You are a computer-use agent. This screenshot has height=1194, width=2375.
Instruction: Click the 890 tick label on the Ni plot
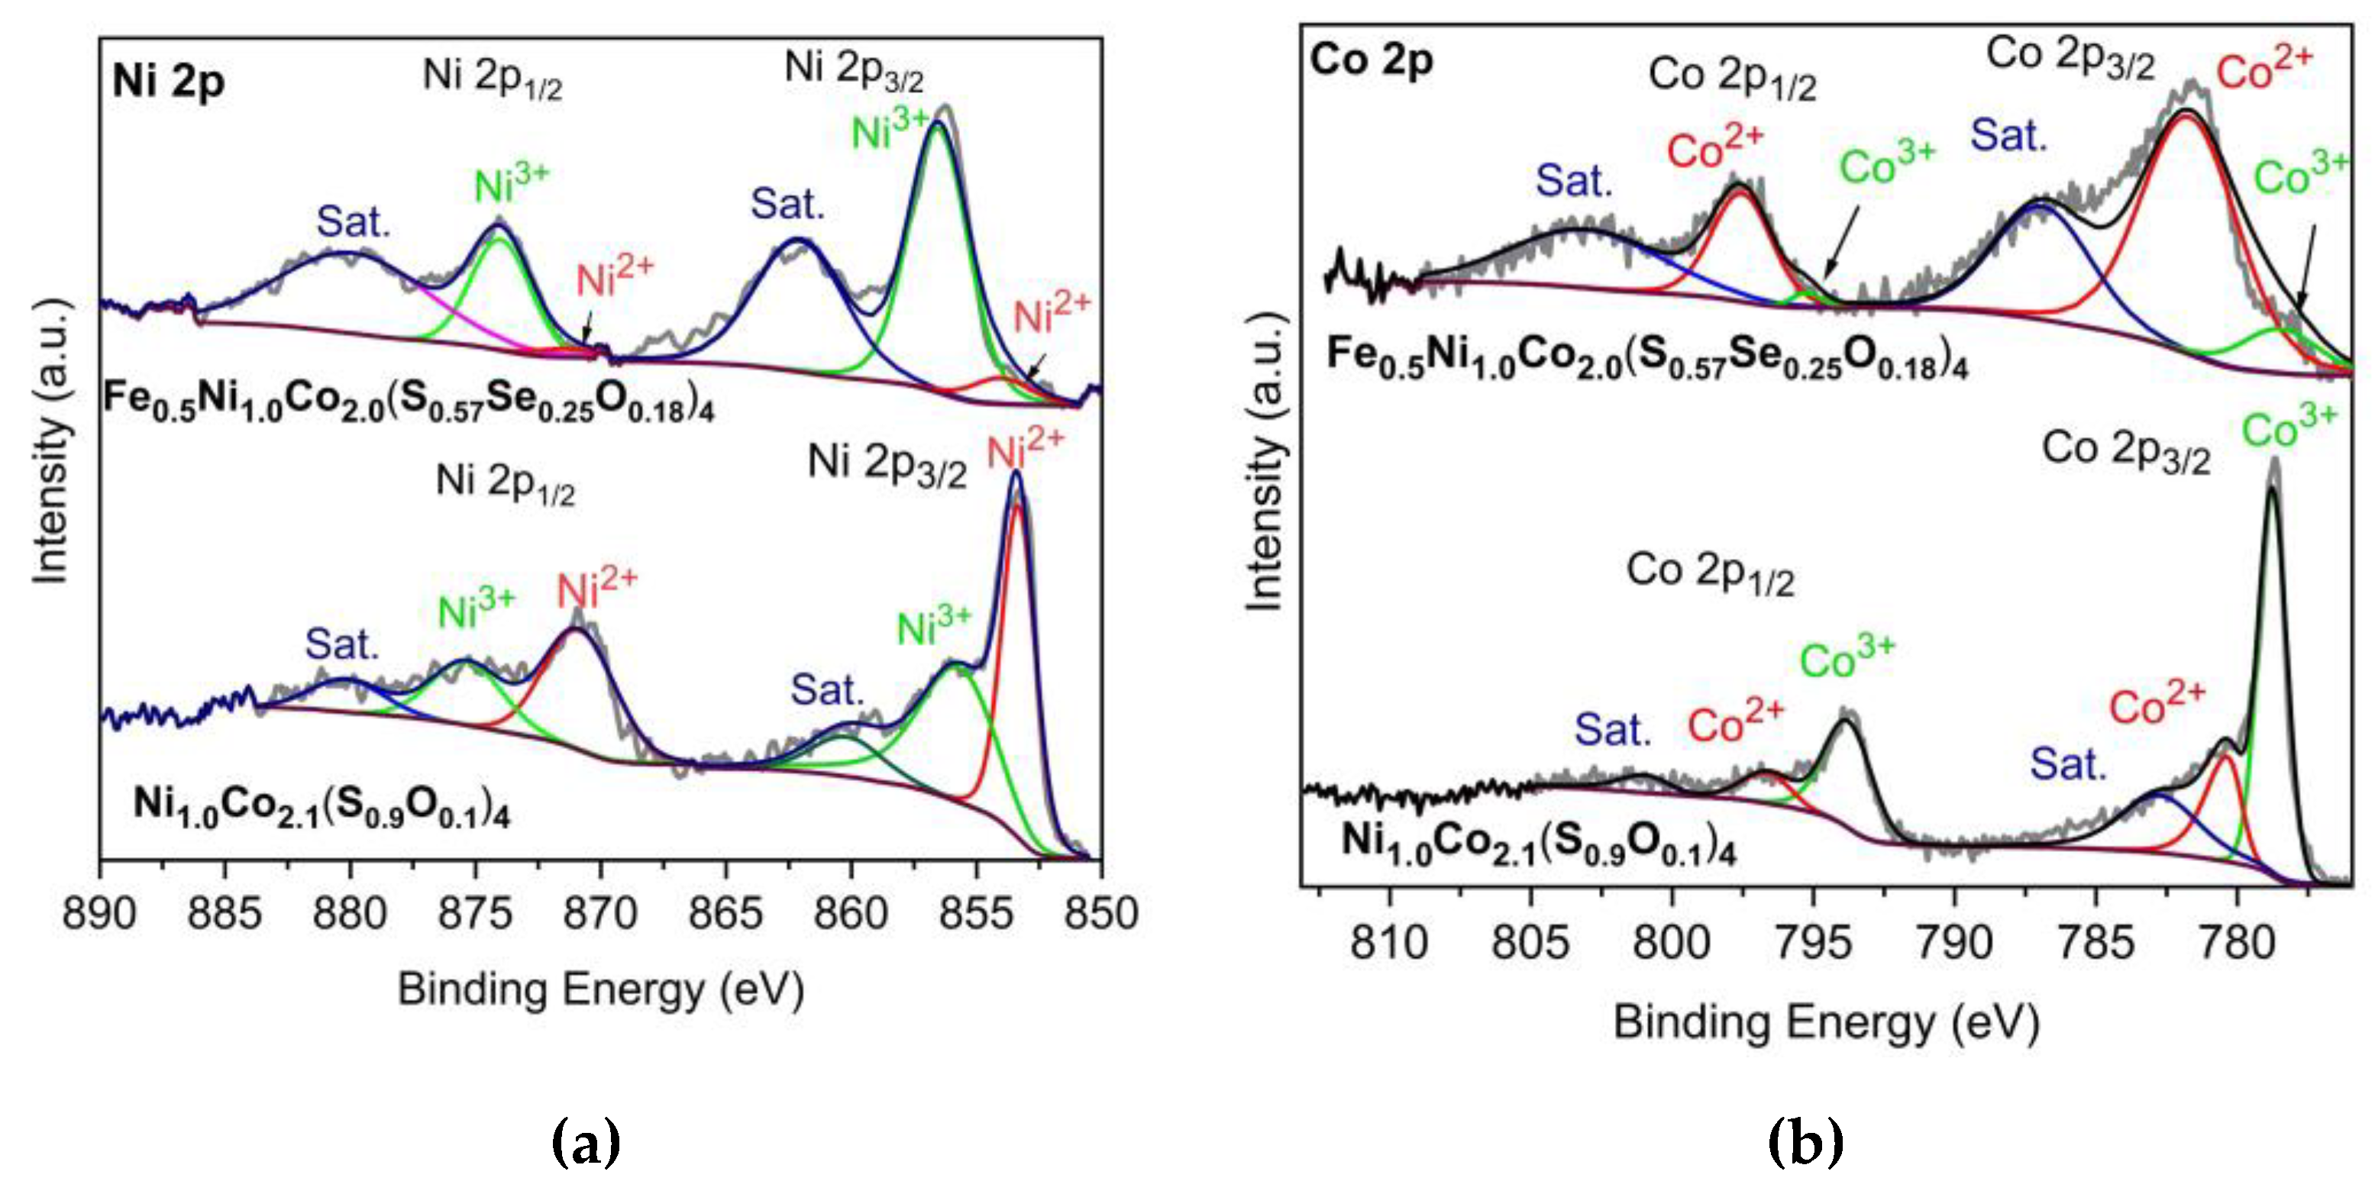click(99, 914)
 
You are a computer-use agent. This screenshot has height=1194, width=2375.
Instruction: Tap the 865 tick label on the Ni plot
click(725, 914)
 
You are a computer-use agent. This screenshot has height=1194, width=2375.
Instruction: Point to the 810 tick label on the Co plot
click(1389, 942)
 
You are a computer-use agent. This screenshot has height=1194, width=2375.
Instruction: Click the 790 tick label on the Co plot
click(1954, 942)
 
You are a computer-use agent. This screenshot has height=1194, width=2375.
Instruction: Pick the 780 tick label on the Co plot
click(2237, 942)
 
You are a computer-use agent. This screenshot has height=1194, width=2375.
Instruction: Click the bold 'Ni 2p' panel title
click(169, 81)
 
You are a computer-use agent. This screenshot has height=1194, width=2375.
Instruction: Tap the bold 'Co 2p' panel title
click(1372, 61)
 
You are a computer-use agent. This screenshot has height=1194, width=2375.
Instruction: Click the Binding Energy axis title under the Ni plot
click(601, 990)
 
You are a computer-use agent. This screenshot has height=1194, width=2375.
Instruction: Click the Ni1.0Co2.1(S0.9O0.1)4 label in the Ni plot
click(321, 806)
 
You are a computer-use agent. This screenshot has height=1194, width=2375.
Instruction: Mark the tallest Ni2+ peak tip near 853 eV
click(1017, 474)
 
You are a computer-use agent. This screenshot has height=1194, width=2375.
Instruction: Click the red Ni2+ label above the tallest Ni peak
click(1026, 449)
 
